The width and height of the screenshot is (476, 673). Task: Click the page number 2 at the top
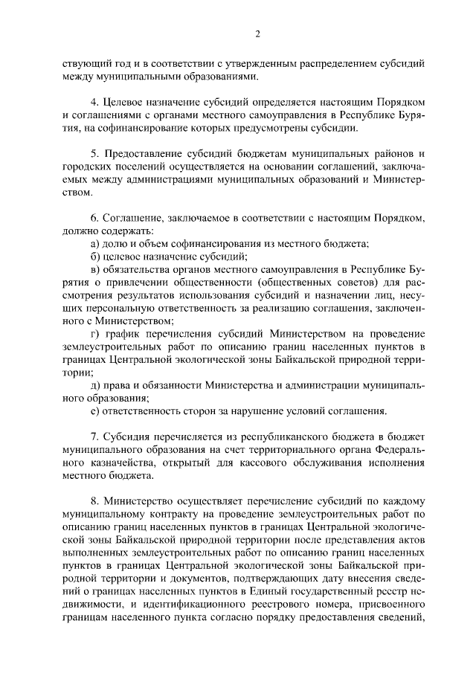click(257, 33)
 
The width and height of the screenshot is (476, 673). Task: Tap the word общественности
click(221, 283)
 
